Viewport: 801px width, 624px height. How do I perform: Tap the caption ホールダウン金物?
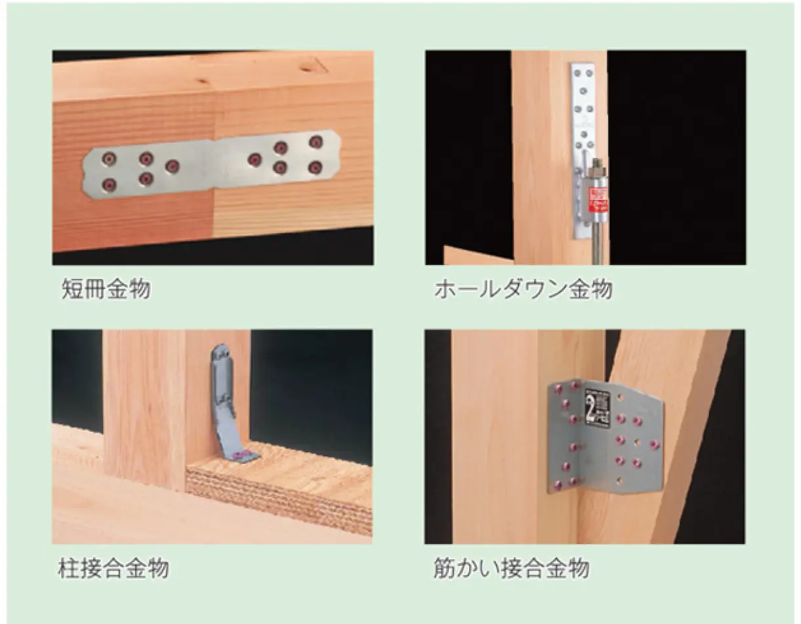(x=523, y=289)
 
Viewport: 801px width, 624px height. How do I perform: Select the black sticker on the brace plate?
(x=597, y=408)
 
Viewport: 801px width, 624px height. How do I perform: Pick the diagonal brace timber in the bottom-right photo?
(x=683, y=427)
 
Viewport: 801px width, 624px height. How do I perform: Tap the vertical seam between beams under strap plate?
(x=214, y=210)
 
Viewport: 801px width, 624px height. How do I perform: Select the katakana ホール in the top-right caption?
(x=460, y=289)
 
